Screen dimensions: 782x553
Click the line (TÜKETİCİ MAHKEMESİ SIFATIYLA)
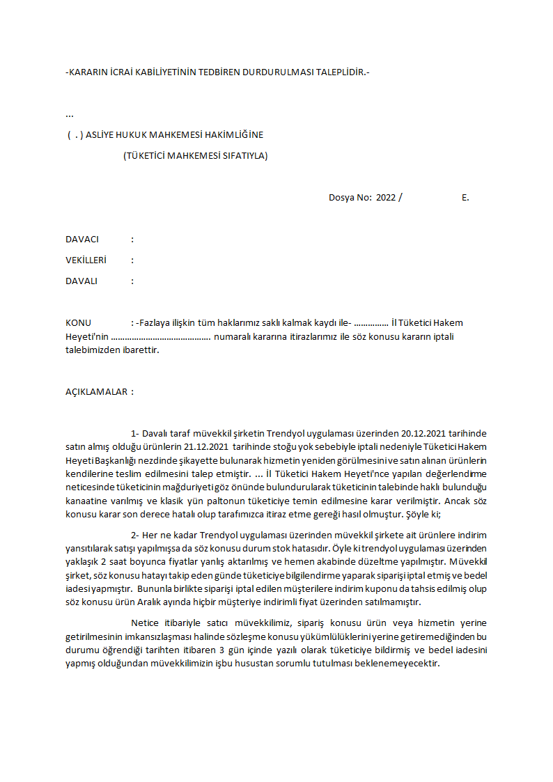(195, 155)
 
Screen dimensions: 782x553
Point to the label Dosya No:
(350, 197)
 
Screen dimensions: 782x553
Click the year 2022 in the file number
(386, 197)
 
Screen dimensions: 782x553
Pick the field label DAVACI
(82, 239)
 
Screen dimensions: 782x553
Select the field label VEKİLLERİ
(86, 260)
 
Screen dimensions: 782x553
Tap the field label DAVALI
(81, 281)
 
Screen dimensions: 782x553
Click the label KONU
(78, 322)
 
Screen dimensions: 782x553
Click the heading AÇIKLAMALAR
(96, 391)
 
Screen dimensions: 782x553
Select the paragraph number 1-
(135, 433)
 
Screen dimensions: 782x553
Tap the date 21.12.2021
(208, 446)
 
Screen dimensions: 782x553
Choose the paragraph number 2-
(135, 534)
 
